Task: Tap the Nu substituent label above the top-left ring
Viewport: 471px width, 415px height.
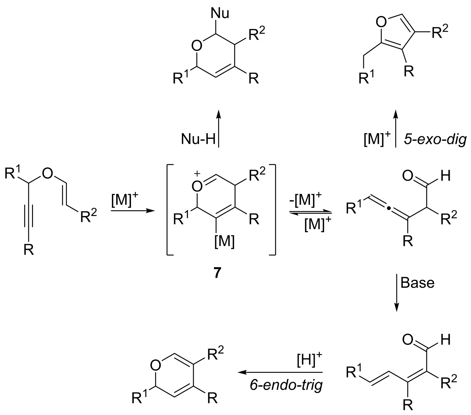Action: [x=220, y=14]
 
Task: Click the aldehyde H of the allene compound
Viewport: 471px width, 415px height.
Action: [x=446, y=176]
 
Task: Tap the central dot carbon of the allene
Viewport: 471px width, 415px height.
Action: [x=389, y=209]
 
